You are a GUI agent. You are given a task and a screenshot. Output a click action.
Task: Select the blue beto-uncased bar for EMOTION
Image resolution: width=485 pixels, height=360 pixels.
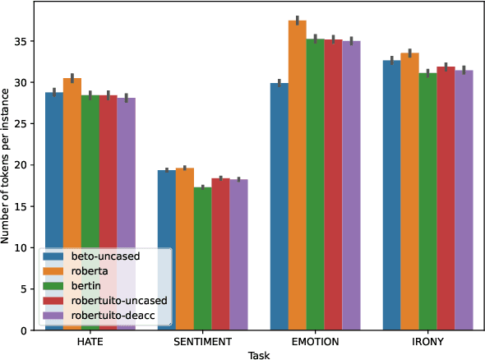point(279,206)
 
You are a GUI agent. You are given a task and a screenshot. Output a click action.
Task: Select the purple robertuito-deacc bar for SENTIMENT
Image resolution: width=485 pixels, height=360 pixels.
point(238,254)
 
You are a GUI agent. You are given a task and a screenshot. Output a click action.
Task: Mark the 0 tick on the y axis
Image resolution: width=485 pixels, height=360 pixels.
point(25,330)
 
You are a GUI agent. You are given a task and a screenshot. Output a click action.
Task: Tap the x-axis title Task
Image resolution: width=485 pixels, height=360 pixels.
point(258,354)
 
